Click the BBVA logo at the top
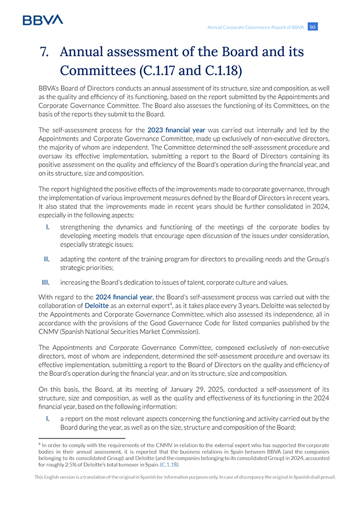tap(43, 20)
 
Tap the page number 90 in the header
tap(313, 27)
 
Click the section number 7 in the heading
tap(45, 52)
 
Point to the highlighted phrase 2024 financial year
tap(124, 297)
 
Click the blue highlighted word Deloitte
tap(96, 305)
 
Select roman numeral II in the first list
tap(47, 259)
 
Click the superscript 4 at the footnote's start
tap(40, 444)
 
